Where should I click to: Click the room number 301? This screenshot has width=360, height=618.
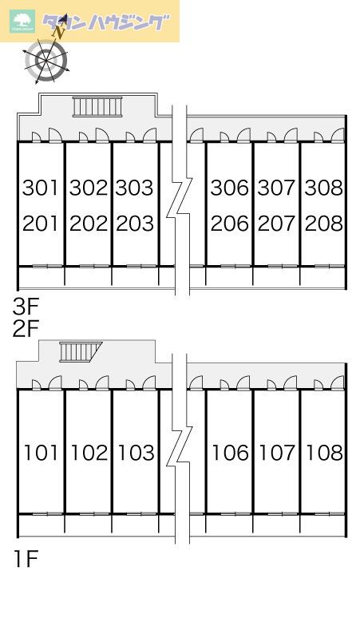click(41, 188)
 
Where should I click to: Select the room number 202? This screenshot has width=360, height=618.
click(89, 224)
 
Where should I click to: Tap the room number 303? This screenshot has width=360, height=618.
click(135, 188)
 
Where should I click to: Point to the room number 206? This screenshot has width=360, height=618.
click(230, 224)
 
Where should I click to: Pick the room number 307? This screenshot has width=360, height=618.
click(276, 188)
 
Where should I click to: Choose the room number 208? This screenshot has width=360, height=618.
click(324, 224)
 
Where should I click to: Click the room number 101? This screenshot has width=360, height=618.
click(41, 453)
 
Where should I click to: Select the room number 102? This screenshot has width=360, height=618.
click(89, 453)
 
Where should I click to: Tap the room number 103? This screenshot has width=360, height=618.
click(136, 453)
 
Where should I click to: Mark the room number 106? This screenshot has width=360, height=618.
click(231, 453)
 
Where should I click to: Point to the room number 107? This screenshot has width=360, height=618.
click(277, 453)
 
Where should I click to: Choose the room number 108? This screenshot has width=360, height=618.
click(325, 453)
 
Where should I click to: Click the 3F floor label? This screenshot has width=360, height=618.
click(26, 307)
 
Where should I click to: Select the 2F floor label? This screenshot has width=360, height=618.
click(26, 329)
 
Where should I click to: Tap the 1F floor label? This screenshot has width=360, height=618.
click(26, 559)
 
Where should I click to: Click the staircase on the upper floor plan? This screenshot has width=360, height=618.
click(97, 107)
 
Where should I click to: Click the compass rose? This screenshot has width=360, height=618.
click(46, 60)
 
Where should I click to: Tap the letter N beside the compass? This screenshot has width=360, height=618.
click(60, 32)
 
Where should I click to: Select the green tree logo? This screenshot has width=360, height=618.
click(23, 22)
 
